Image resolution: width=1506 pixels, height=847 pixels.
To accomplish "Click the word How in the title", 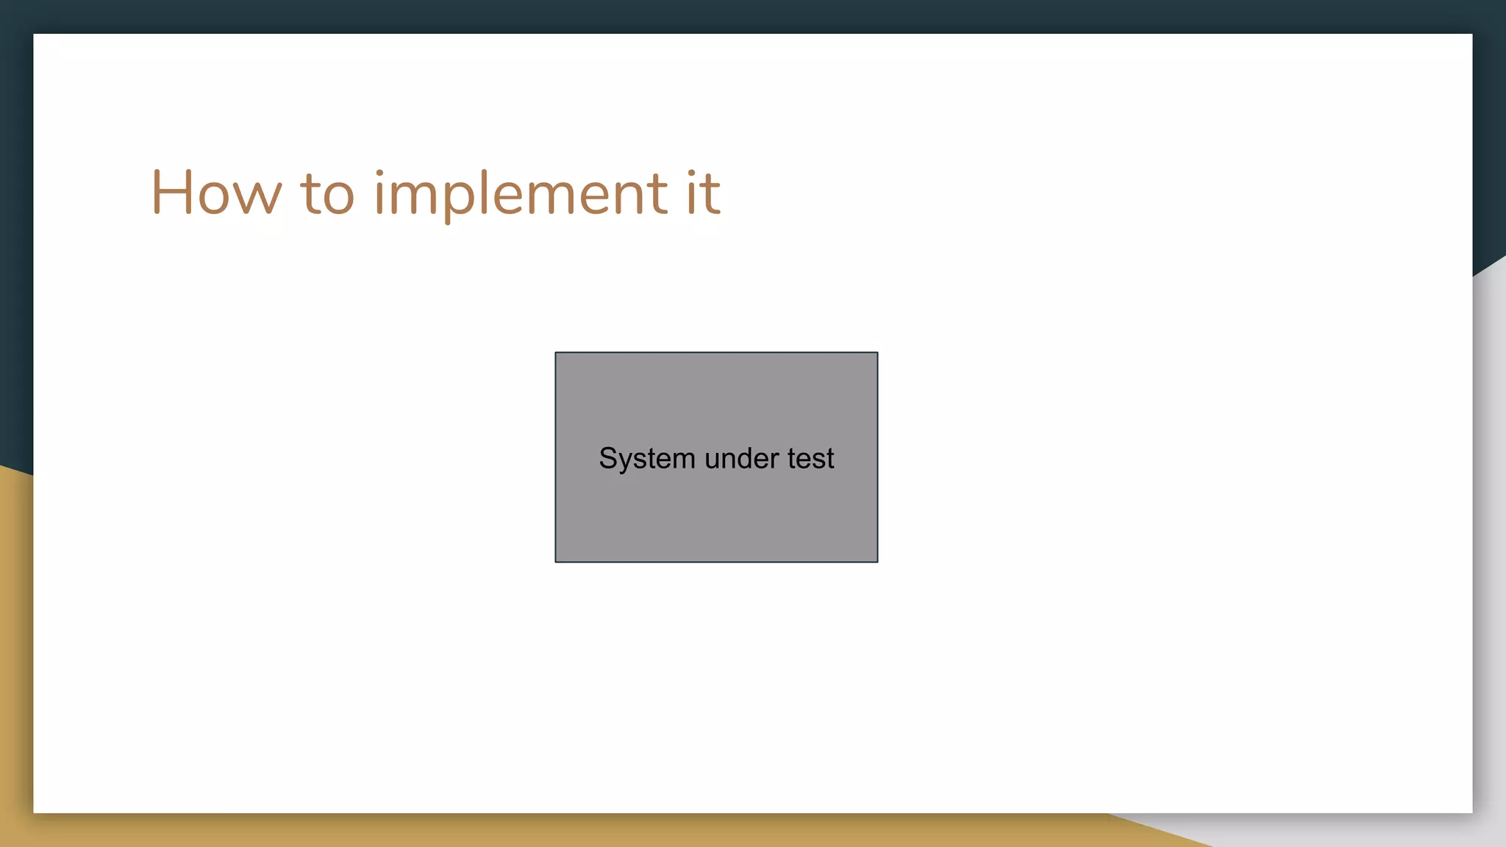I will click(216, 193).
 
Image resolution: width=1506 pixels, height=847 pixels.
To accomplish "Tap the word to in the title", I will click(327, 194).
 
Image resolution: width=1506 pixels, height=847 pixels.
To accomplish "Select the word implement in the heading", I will click(521, 194).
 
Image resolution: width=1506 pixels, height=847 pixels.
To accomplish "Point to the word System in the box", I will click(647, 459).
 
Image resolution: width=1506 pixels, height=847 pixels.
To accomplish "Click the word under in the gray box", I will click(741, 459).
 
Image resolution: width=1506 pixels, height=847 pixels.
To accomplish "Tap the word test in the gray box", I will click(810, 459).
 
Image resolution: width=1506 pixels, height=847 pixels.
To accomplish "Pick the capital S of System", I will click(608, 458).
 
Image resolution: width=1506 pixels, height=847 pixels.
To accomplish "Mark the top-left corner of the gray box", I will click(556, 353).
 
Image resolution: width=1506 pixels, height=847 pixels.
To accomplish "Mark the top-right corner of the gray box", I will click(877, 353).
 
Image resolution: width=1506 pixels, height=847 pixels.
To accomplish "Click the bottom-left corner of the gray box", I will click(556, 562).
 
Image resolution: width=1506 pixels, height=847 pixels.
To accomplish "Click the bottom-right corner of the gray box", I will click(877, 562).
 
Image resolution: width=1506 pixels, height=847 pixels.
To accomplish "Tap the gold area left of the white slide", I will click(15, 662).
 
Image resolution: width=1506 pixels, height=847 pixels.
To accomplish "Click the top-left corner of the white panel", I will click(35, 35).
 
